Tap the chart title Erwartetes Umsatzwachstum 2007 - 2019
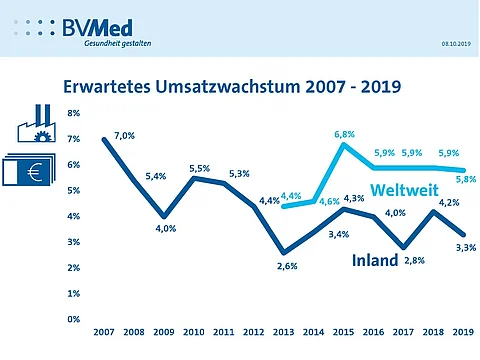tap(231, 87)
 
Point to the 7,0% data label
tap(124, 135)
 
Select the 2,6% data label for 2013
tap(285, 266)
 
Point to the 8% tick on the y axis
tap(74, 113)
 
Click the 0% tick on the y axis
tap(74, 319)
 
